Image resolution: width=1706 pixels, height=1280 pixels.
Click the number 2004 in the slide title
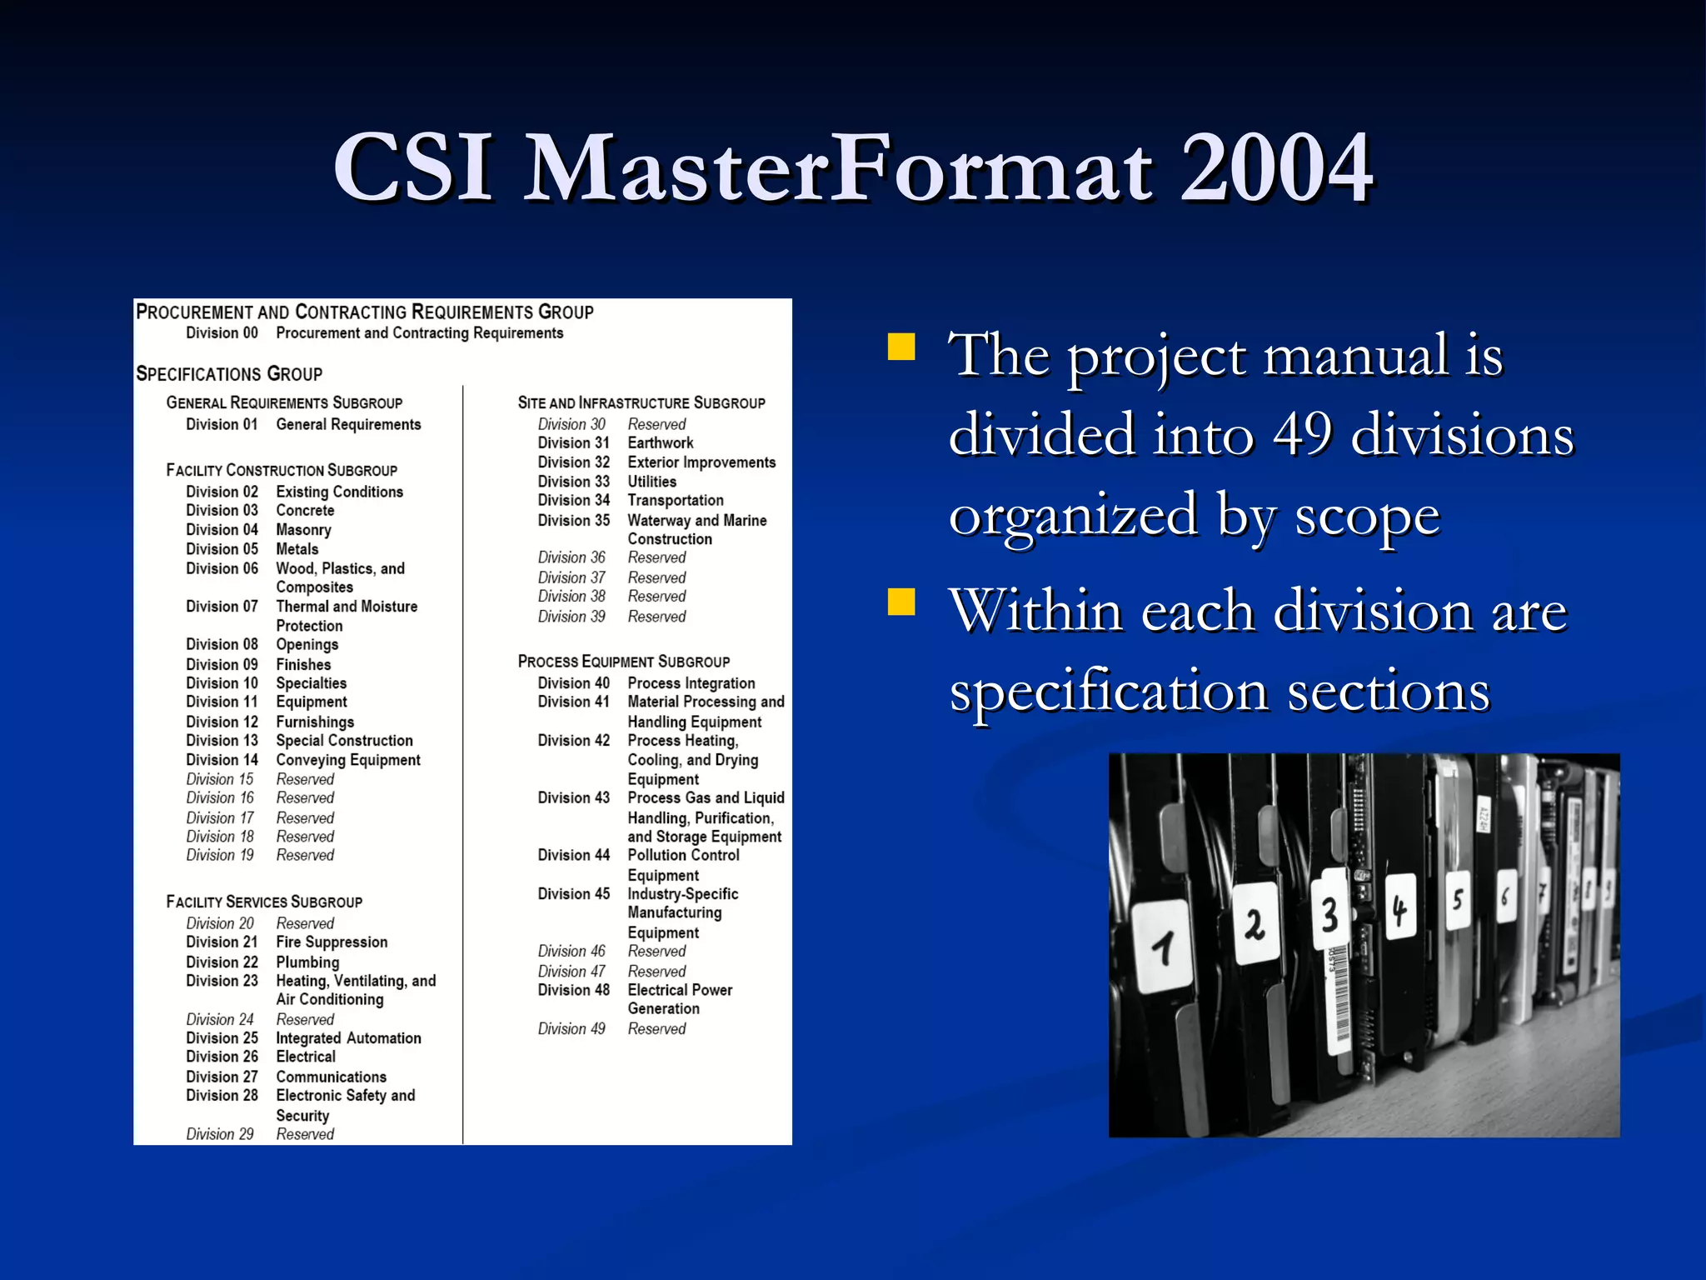pyautogui.click(x=1275, y=168)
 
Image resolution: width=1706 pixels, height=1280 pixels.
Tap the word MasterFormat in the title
pyautogui.click(x=838, y=168)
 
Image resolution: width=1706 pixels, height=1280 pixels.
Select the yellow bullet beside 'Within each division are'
pyautogui.click(x=901, y=602)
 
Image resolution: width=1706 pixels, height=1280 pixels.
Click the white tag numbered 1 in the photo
pyautogui.click(x=1164, y=946)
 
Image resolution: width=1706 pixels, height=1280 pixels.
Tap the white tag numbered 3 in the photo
pyautogui.click(x=1329, y=912)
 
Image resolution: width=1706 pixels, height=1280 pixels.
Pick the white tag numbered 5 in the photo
pyautogui.click(x=1457, y=900)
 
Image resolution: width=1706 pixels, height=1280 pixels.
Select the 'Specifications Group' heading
pyautogui.click(x=229, y=374)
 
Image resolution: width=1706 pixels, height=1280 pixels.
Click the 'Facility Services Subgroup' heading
pyautogui.click(x=264, y=902)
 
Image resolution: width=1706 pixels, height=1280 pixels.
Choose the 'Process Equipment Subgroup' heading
pyautogui.click(x=623, y=662)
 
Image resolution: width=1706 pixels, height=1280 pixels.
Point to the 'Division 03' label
pyautogui.click(x=222, y=510)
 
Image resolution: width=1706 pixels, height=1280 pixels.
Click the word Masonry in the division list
pyautogui.click(x=303, y=530)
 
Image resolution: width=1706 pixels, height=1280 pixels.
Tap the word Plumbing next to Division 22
pyautogui.click(x=307, y=962)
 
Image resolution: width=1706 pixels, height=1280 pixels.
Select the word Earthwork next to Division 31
pyautogui.click(x=660, y=442)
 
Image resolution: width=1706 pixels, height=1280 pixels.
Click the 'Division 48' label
pyautogui.click(x=573, y=990)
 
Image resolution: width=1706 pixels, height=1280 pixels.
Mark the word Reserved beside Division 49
pyautogui.click(x=656, y=1028)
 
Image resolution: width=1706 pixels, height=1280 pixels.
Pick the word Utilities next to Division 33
pyautogui.click(x=651, y=482)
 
